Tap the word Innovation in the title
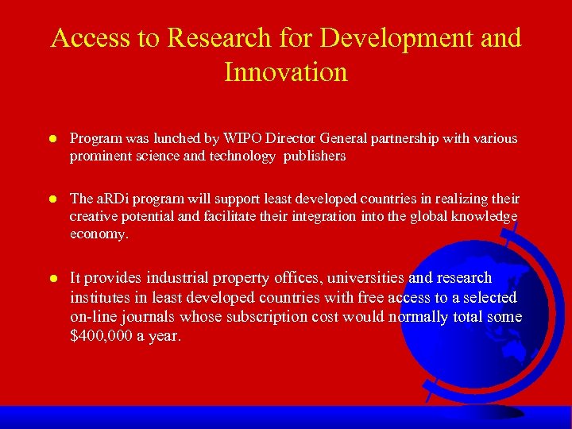[x=286, y=72]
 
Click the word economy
[x=98, y=234]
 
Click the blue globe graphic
[x=477, y=318]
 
